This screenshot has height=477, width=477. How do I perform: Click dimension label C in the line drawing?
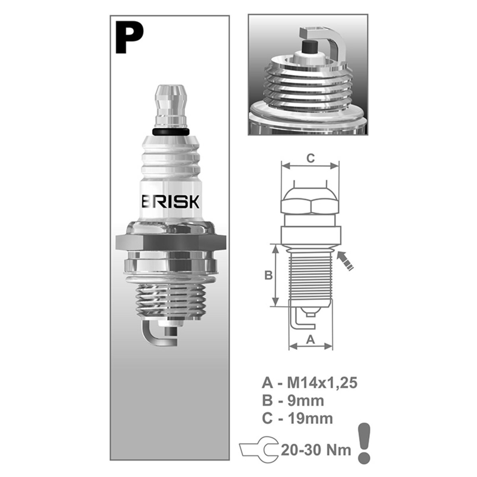310,158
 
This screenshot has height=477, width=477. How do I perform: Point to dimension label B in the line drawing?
268,275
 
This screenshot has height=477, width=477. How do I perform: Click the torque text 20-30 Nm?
316,450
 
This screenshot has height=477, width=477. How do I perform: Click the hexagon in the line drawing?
310,204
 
